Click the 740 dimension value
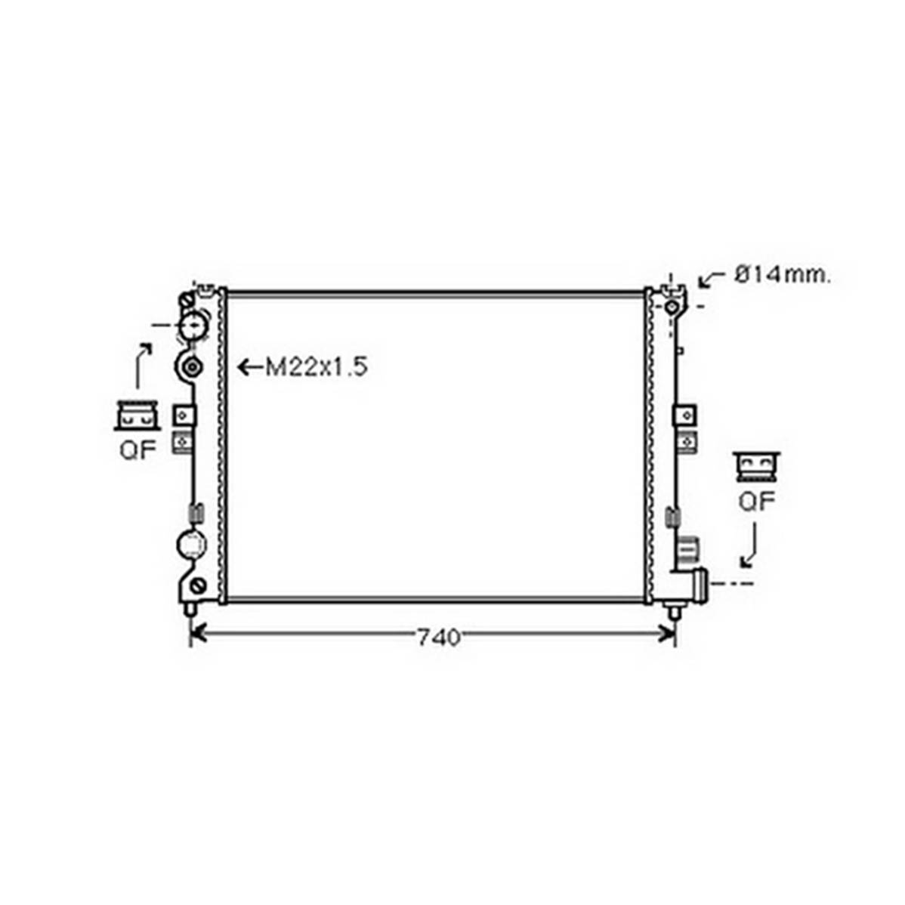pyautogui.click(x=439, y=637)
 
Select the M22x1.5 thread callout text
pyautogui.click(x=317, y=366)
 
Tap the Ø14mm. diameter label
pyautogui.click(x=783, y=275)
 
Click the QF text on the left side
pyautogui.click(x=138, y=449)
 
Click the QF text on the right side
pyautogui.click(x=757, y=502)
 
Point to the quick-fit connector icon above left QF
pyautogui.click(x=137, y=415)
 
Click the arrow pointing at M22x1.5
pyautogui.click(x=250, y=366)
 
